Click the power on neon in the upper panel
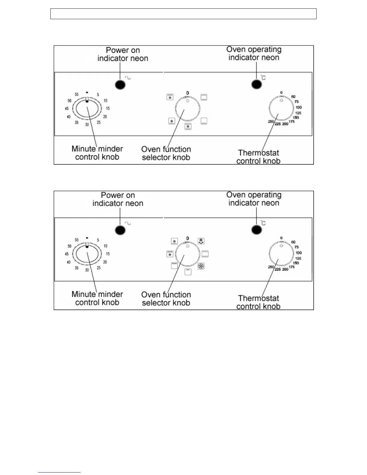(120, 85)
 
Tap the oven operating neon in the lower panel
(257, 230)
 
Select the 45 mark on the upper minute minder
(67, 109)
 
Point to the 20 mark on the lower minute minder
(105, 262)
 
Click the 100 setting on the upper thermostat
(299, 107)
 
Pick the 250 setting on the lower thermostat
(271, 267)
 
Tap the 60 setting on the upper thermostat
(293, 97)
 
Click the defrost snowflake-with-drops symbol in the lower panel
(201, 241)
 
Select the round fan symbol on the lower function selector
(201, 266)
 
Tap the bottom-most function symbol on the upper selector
(188, 127)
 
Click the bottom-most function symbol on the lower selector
(188, 272)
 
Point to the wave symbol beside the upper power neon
(128, 78)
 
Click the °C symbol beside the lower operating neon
(263, 223)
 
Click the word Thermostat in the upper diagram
(258, 153)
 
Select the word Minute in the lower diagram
(83, 294)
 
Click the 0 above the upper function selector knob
(188, 93)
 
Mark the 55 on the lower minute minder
(76, 240)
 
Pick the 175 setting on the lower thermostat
(292, 267)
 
